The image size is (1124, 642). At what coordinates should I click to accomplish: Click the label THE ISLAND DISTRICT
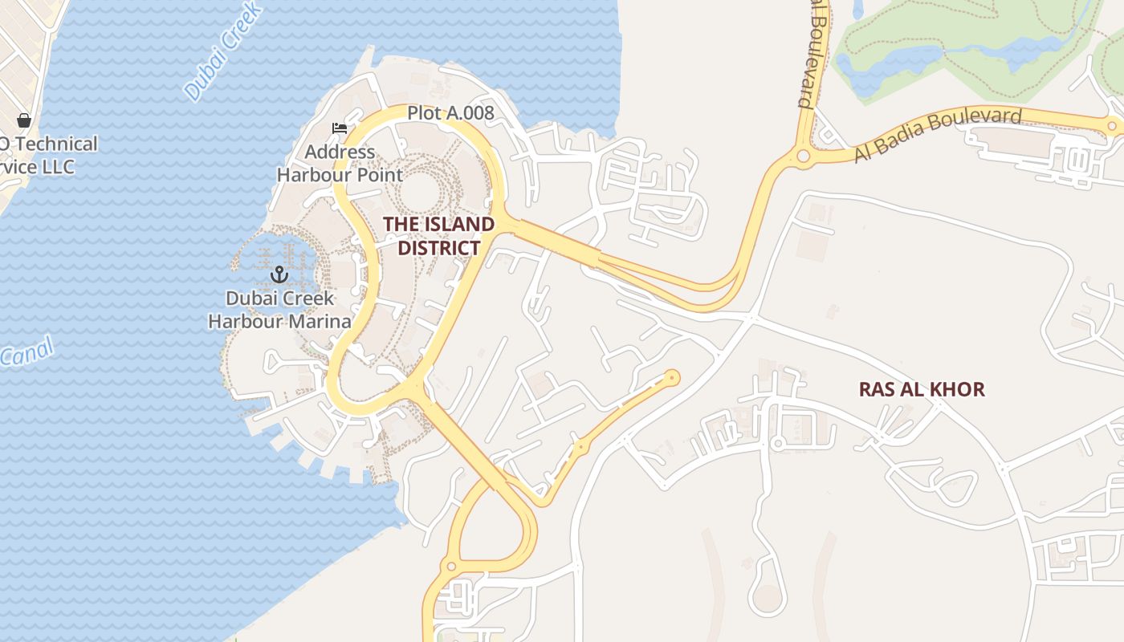[438, 236]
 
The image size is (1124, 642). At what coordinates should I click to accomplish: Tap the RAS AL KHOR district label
[922, 389]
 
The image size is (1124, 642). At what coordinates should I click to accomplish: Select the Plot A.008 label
[450, 113]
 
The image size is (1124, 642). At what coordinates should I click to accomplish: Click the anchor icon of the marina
[279, 275]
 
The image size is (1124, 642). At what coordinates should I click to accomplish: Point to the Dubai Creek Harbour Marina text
[279, 310]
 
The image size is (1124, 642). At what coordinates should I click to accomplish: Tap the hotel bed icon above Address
[340, 128]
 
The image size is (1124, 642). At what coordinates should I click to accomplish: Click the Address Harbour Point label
[340, 163]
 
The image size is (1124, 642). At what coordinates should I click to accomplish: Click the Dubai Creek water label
[222, 53]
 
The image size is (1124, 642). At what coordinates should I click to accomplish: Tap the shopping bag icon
[23, 120]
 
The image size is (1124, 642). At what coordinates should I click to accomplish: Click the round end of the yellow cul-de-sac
[672, 377]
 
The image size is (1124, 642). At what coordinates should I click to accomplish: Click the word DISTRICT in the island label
[438, 248]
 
